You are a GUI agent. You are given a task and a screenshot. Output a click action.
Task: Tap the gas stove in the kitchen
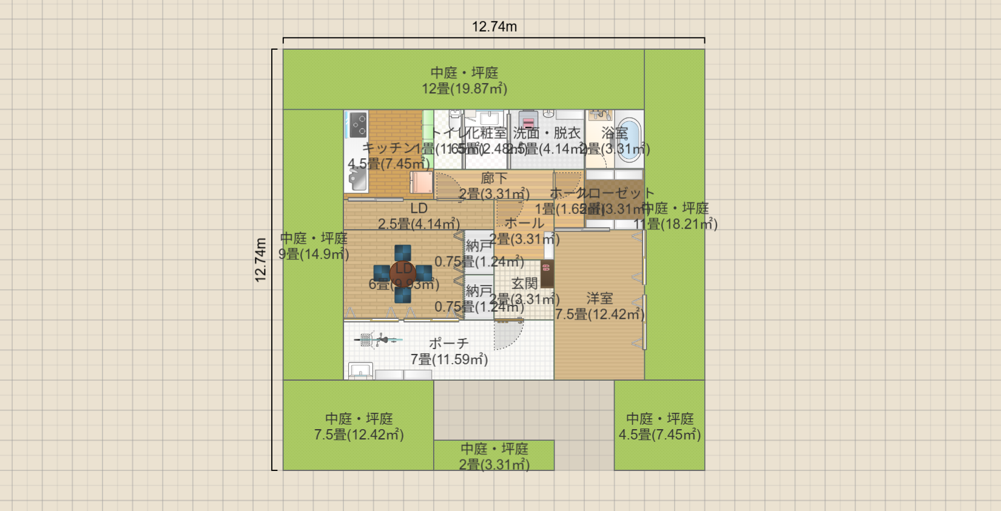click(358, 124)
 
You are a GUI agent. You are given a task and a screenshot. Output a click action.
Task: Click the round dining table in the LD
click(403, 274)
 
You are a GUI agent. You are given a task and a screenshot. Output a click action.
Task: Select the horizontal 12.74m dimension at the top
click(494, 27)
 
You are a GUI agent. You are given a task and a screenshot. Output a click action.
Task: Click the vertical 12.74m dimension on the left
click(261, 259)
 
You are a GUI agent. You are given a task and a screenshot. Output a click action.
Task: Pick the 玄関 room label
click(524, 283)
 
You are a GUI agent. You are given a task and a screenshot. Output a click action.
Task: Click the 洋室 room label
click(599, 298)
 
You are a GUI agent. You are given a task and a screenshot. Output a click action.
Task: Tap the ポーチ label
click(449, 343)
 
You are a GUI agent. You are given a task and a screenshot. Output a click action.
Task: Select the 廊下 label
click(494, 178)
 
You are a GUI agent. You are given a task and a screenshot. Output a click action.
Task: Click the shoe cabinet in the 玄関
click(547, 275)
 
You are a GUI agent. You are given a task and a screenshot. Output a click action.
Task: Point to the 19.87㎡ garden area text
click(465, 89)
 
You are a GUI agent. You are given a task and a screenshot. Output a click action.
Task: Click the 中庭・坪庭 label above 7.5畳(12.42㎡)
click(359, 418)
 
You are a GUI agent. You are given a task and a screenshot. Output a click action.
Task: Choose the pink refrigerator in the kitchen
click(421, 182)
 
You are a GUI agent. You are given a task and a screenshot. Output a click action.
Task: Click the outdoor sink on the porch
click(360, 370)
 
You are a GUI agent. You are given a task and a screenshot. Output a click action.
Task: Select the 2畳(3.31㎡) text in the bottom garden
click(494, 464)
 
